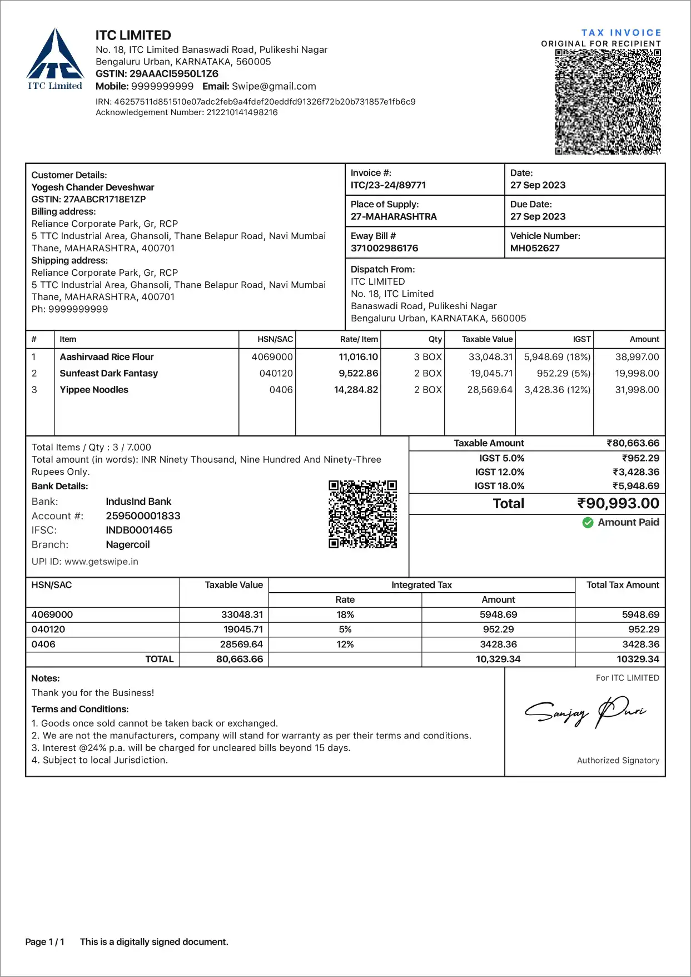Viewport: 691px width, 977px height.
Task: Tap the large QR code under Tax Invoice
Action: (x=608, y=102)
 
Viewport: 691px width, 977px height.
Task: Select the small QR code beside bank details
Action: (x=362, y=514)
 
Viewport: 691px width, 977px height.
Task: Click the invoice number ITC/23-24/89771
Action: (x=388, y=185)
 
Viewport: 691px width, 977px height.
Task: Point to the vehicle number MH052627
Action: (x=535, y=248)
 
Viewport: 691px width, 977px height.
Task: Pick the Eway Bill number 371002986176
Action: (x=384, y=248)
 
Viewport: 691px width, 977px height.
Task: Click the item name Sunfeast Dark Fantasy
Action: (x=109, y=373)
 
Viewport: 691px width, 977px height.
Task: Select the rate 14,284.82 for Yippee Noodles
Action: (x=356, y=390)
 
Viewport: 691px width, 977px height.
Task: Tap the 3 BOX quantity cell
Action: (x=427, y=357)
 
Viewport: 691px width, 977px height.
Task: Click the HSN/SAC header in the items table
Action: (x=275, y=339)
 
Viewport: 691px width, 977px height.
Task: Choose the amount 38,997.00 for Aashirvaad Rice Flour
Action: (x=637, y=357)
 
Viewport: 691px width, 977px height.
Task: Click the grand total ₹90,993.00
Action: (x=618, y=504)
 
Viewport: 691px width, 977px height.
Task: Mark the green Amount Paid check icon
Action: (x=588, y=523)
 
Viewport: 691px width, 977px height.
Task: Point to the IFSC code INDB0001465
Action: (x=139, y=530)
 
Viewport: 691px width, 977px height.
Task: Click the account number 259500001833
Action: (x=143, y=516)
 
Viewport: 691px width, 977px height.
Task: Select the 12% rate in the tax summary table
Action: (x=345, y=644)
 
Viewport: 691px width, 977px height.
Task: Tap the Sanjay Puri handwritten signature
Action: (x=585, y=711)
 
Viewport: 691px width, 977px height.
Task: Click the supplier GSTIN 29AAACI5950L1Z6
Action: (x=173, y=74)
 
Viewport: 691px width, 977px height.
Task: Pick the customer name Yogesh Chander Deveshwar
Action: (x=93, y=187)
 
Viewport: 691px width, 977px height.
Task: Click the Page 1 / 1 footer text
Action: (x=45, y=942)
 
